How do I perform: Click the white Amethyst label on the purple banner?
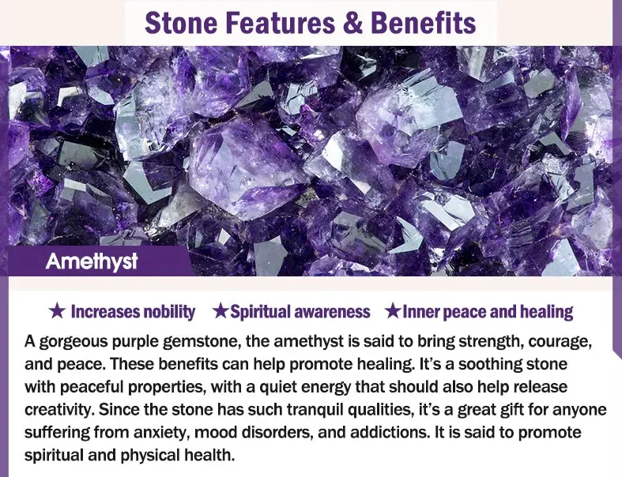coord(92,261)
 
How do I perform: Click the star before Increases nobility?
coord(56,311)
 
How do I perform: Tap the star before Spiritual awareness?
coord(221,311)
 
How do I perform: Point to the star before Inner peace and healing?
coord(392,311)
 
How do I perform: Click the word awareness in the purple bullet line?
coord(333,311)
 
